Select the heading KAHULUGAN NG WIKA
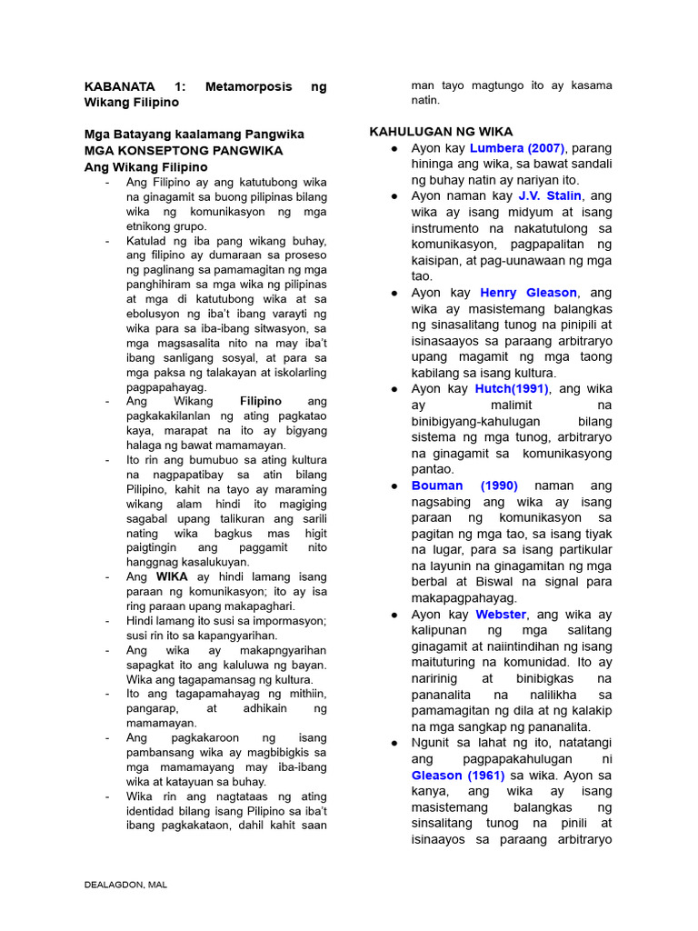pos(441,132)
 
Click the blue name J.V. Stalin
pos(551,196)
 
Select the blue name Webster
pos(501,615)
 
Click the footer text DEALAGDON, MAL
pos(125,885)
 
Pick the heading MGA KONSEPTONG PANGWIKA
pos(184,151)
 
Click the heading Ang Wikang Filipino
pos(145,167)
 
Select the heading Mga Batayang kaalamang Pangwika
pos(194,135)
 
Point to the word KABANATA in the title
pos(121,86)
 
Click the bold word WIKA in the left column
pos(172,577)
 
